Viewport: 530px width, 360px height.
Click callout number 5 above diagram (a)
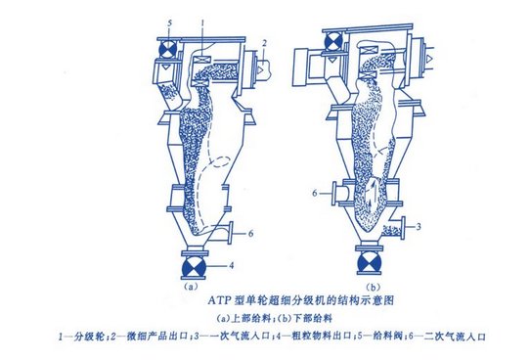coord(169,23)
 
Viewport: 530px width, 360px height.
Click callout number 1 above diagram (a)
coord(202,23)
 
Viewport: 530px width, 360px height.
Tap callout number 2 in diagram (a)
coord(264,43)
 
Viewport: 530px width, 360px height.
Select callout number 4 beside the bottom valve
coord(231,266)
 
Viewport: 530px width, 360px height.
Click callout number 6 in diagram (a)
coord(250,233)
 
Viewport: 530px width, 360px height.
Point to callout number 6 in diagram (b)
coord(315,193)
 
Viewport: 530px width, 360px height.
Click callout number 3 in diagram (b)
coord(419,226)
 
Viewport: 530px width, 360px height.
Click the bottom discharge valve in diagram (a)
coord(194,267)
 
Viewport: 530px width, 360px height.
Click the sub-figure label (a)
coord(190,287)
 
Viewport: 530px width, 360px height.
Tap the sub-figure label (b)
coord(374,288)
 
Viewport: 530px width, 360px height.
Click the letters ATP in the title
coord(219,300)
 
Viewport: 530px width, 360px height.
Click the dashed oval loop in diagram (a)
coord(221,162)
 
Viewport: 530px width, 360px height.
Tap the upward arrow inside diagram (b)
coord(372,194)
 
